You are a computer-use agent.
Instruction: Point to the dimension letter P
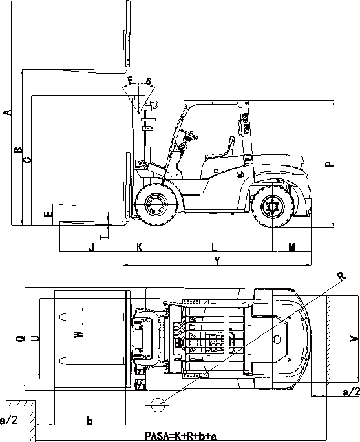click(x=329, y=163)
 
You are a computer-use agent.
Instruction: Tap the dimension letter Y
click(x=217, y=261)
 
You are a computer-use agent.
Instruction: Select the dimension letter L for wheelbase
click(x=214, y=247)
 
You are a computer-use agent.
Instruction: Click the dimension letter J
click(x=92, y=247)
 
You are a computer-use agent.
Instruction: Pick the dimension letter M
click(x=291, y=247)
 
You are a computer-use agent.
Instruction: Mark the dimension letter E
click(x=48, y=214)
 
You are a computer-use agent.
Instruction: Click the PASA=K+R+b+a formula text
click(x=181, y=436)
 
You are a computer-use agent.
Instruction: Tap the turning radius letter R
click(x=342, y=276)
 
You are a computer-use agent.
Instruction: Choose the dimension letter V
click(x=353, y=339)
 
